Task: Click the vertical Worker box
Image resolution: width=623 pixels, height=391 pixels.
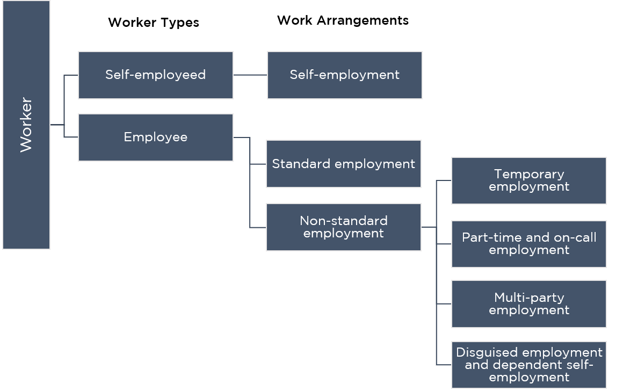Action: tap(26, 125)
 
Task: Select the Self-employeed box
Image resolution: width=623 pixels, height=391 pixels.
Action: tap(156, 75)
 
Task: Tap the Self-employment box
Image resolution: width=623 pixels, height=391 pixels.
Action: tap(344, 75)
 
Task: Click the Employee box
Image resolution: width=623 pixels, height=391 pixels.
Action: tap(156, 137)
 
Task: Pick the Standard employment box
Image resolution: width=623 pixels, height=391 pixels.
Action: tap(344, 164)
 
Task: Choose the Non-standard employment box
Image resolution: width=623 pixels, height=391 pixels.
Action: tap(344, 227)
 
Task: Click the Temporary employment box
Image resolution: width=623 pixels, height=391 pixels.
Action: tap(529, 180)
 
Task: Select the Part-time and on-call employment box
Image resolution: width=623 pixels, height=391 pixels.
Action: tap(529, 244)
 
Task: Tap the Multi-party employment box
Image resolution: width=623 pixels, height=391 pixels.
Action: tap(529, 304)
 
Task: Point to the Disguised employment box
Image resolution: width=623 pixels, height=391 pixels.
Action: tap(529, 365)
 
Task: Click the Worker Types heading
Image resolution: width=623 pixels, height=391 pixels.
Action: tap(154, 23)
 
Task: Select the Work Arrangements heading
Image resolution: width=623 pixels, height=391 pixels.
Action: tap(343, 20)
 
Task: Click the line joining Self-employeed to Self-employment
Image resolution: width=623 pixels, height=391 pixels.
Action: tap(250, 75)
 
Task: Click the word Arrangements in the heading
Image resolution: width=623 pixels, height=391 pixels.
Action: tap(363, 20)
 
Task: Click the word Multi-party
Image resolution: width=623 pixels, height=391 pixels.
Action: tap(529, 298)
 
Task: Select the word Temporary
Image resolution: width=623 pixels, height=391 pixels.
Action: tap(529, 175)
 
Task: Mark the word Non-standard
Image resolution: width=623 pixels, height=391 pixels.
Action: tap(344, 221)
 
